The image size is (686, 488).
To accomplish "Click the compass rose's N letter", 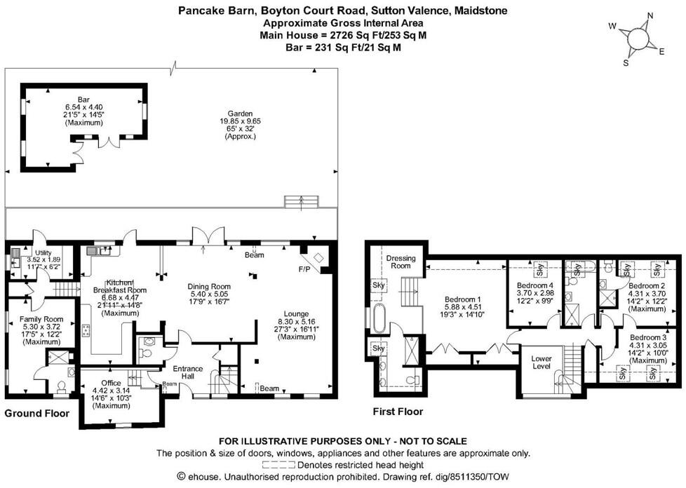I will coord(650,15).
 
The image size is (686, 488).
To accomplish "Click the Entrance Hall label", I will coord(188,373).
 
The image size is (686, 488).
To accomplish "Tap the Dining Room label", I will coord(208,286).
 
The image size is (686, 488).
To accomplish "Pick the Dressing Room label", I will coord(401,262).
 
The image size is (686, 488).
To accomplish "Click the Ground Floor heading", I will coord(37,414).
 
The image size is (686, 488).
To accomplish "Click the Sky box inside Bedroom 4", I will coord(542,267).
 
